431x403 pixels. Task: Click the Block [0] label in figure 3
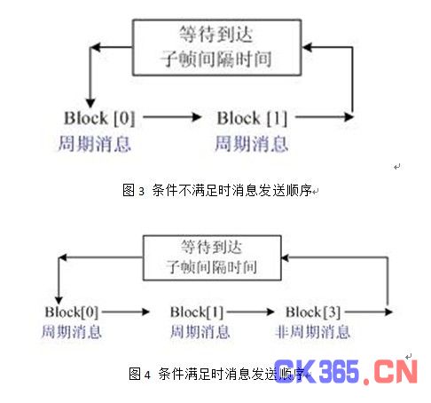click(x=99, y=118)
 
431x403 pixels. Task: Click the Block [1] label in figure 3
click(x=252, y=118)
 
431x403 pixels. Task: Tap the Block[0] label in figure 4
click(x=72, y=312)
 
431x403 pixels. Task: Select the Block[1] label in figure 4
click(x=197, y=312)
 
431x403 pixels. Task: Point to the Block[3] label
click(x=313, y=312)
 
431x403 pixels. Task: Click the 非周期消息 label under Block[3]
click(x=312, y=332)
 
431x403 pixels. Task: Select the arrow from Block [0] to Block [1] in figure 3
click(x=172, y=117)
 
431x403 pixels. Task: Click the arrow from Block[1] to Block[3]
click(x=251, y=312)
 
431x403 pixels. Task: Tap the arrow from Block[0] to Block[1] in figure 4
click(x=126, y=312)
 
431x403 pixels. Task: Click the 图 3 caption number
click(x=133, y=190)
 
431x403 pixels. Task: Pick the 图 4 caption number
click(x=139, y=374)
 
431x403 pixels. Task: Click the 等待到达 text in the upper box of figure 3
click(x=216, y=35)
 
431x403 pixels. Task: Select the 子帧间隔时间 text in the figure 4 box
click(x=211, y=267)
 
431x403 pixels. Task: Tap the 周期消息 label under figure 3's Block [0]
click(x=95, y=144)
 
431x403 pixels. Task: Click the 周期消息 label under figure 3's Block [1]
click(x=252, y=144)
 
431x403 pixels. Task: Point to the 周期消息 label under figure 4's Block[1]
click(x=200, y=332)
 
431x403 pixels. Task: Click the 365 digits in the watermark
click(x=339, y=371)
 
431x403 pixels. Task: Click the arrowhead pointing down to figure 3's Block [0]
click(x=90, y=103)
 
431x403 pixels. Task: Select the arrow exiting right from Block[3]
click(x=369, y=312)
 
